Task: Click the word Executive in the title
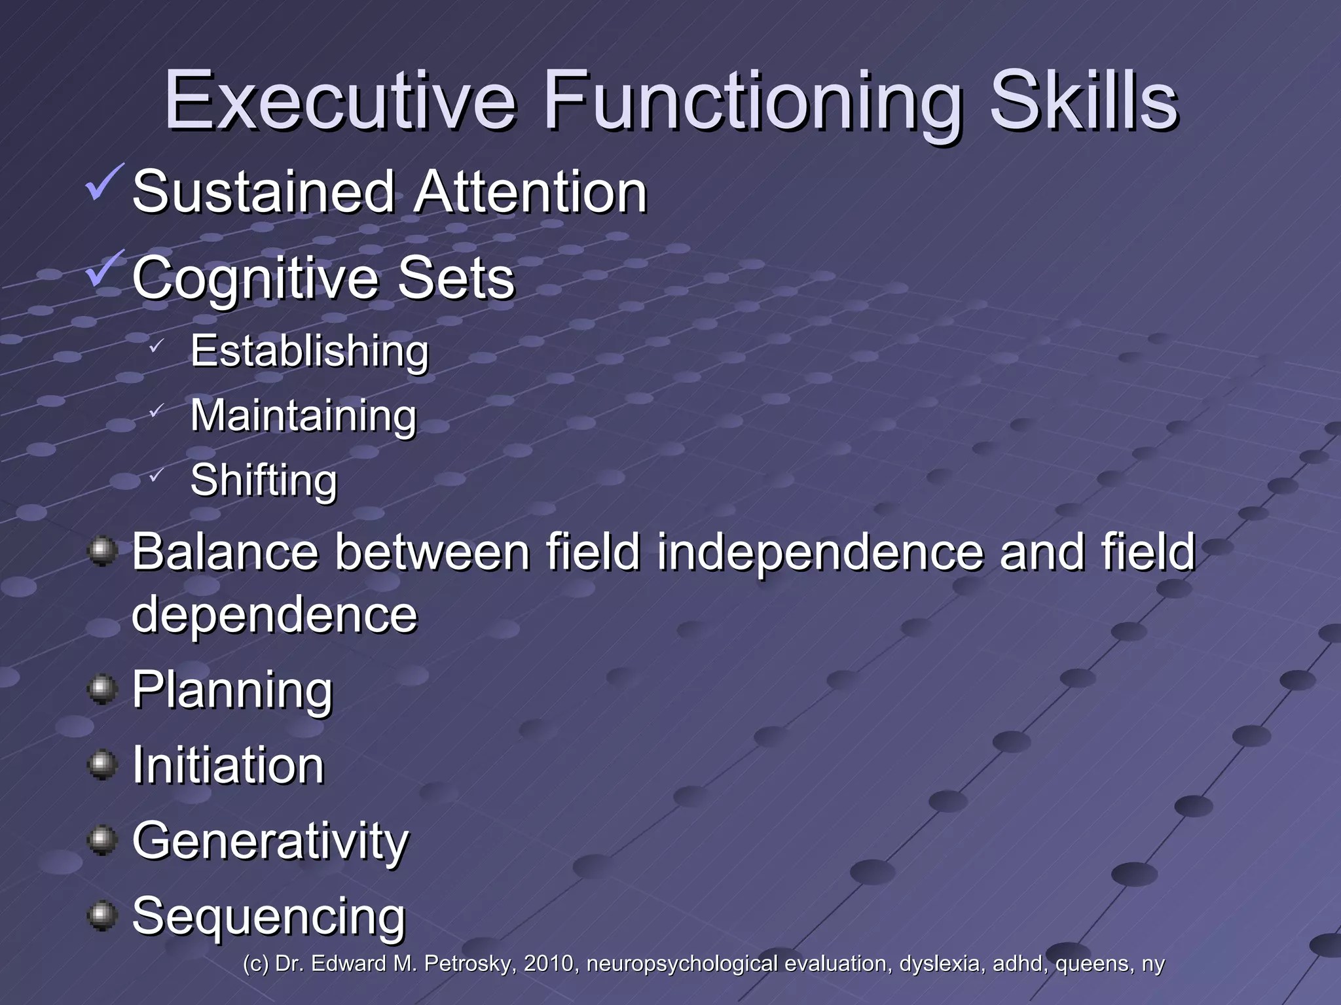click(x=340, y=101)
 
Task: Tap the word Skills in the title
click(x=1084, y=101)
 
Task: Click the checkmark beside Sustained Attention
click(x=104, y=183)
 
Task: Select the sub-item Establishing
click(x=309, y=351)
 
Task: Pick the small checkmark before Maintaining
click(x=155, y=411)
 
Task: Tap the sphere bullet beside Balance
click(x=102, y=551)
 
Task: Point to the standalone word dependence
click(x=274, y=615)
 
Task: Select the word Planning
click(x=232, y=690)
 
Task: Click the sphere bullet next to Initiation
click(x=102, y=764)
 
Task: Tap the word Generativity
click(x=270, y=841)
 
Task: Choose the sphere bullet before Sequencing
click(x=102, y=915)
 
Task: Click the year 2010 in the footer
click(x=549, y=964)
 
